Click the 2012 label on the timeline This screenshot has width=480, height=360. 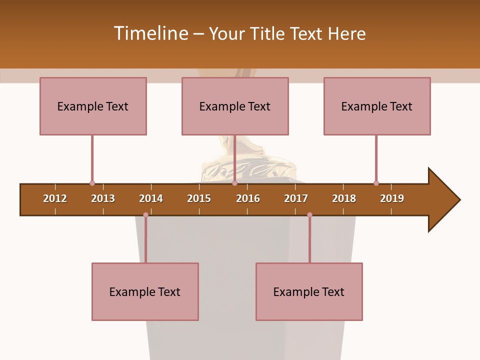pos(55,198)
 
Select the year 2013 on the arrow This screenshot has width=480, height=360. pos(103,198)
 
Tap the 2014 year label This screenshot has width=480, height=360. pos(151,198)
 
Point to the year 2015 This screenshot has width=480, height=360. pos(199,198)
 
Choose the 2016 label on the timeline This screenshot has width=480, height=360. pos(248,198)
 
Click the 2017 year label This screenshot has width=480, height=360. pos(296,198)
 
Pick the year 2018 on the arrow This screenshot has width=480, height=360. pos(344,198)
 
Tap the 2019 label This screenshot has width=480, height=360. pos(392,198)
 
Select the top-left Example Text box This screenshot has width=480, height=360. pos(93,106)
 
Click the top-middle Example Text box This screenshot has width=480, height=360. pos(235,106)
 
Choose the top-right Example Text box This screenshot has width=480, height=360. pos(377,106)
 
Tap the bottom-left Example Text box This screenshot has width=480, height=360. pos(145,291)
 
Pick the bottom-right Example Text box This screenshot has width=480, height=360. pos(309,291)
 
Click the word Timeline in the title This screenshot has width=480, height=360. pos(150,33)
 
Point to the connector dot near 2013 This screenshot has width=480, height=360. pos(92,183)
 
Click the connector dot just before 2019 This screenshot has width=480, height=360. pos(376,183)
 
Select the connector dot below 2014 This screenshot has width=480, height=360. pos(145,214)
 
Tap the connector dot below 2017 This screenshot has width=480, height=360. pos(309,214)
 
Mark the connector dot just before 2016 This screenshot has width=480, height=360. pos(234,183)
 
